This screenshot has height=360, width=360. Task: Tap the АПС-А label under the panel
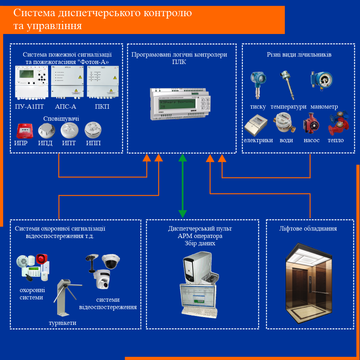pyautogui.click(x=66, y=107)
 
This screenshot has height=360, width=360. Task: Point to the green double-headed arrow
pyautogui.click(x=182, y=186)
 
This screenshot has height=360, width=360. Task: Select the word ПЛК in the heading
pyautogui.click(x=179, y=62)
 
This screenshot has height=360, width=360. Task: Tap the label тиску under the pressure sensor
pyautogui.click(x=258, y=107)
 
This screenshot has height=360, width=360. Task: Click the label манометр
pyautogui.click(x=324, y=107)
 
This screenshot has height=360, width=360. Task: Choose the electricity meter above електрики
pyautogui.click(x=256, y=126)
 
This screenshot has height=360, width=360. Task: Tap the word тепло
pyautogui.click(x=336, y=140)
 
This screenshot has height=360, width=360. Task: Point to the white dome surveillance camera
pyautogui.click(x=110, y=261)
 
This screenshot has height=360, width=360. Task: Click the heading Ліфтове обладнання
pyautogui.click(x=308, y=229)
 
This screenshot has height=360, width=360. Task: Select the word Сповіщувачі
pyautogui.click(x=61, y=119)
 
